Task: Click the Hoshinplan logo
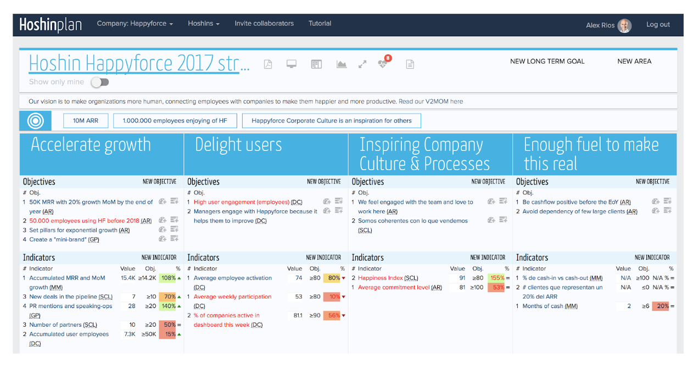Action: [x=50, y=25]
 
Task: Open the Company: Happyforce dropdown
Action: [x=135, y=24]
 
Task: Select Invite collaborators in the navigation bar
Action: [x=264, y=24]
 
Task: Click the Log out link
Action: [x=658, y=24]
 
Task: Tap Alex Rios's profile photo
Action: [x=624, y=25]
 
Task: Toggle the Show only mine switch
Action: [x=100, y=82]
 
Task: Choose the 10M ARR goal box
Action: [x=86, y=121]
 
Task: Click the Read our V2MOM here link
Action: [x=430, y=102]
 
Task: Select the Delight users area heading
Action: [x=238, y=145]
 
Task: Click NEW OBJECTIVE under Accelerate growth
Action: [x=159, y=182]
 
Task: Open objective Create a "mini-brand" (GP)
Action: [x=64, y=239]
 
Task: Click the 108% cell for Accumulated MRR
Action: [x=167, y=278]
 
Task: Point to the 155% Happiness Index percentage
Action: [x=496, y=278]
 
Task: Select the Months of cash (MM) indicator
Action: [x=550, y=306]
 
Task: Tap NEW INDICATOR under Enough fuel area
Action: [x=652, y=258]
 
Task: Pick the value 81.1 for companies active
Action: [x=298, y=315]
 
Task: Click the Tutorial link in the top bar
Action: [x=320, y=24]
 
